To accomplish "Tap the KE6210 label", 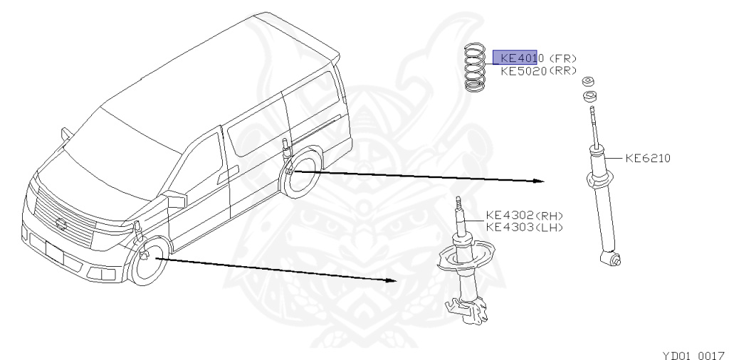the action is pos(647,158).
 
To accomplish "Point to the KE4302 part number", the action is pos(509,216).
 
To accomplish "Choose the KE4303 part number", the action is pos(509,227).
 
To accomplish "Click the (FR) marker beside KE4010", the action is pos(562,58).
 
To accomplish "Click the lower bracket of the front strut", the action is pos(466,307).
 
